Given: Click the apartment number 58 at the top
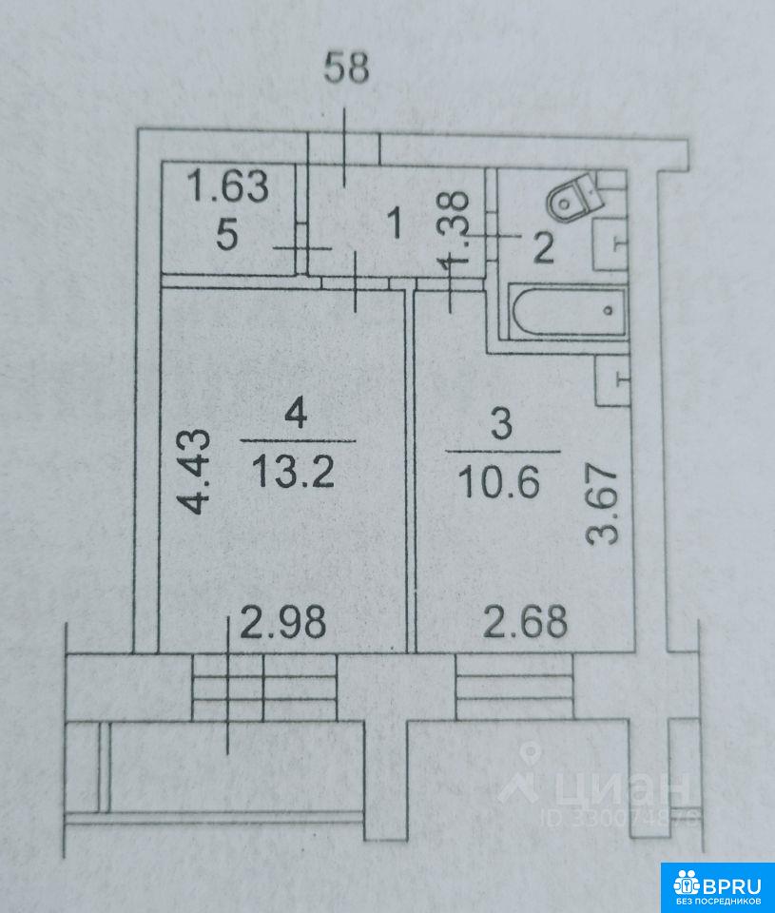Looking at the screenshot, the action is point(346,68).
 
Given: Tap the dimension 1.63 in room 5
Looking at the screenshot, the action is point(229,185).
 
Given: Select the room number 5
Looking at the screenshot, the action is point(227,235).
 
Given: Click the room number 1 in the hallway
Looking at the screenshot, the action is point(396,223).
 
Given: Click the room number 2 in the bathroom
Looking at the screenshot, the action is point(543,248).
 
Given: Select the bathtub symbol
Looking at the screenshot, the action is point(569,311).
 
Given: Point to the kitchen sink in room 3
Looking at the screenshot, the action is point(613,380).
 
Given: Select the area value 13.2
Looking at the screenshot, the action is point(294,472).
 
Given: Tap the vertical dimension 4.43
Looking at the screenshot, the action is point(193,472).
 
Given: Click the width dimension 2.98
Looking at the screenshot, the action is point(283,621).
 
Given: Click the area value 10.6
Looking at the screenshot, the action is point(499,483).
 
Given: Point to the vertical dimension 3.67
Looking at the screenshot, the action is point(603,503).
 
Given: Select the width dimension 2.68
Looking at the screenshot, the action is point(525,621).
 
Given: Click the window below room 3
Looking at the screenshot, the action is point(514,687).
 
